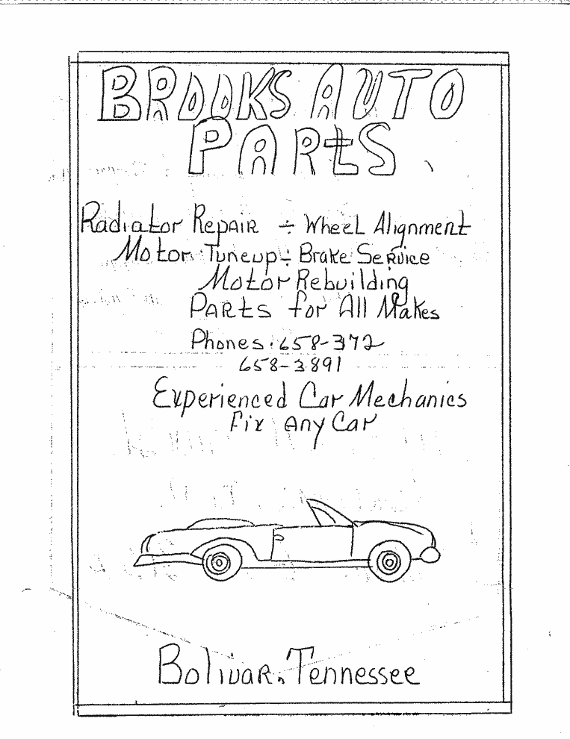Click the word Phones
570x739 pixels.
[227, 340]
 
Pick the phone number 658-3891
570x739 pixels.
[289, 364]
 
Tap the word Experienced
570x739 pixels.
[220, 399]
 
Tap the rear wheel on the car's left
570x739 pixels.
[217, 561]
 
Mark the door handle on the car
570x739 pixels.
[278, 537]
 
